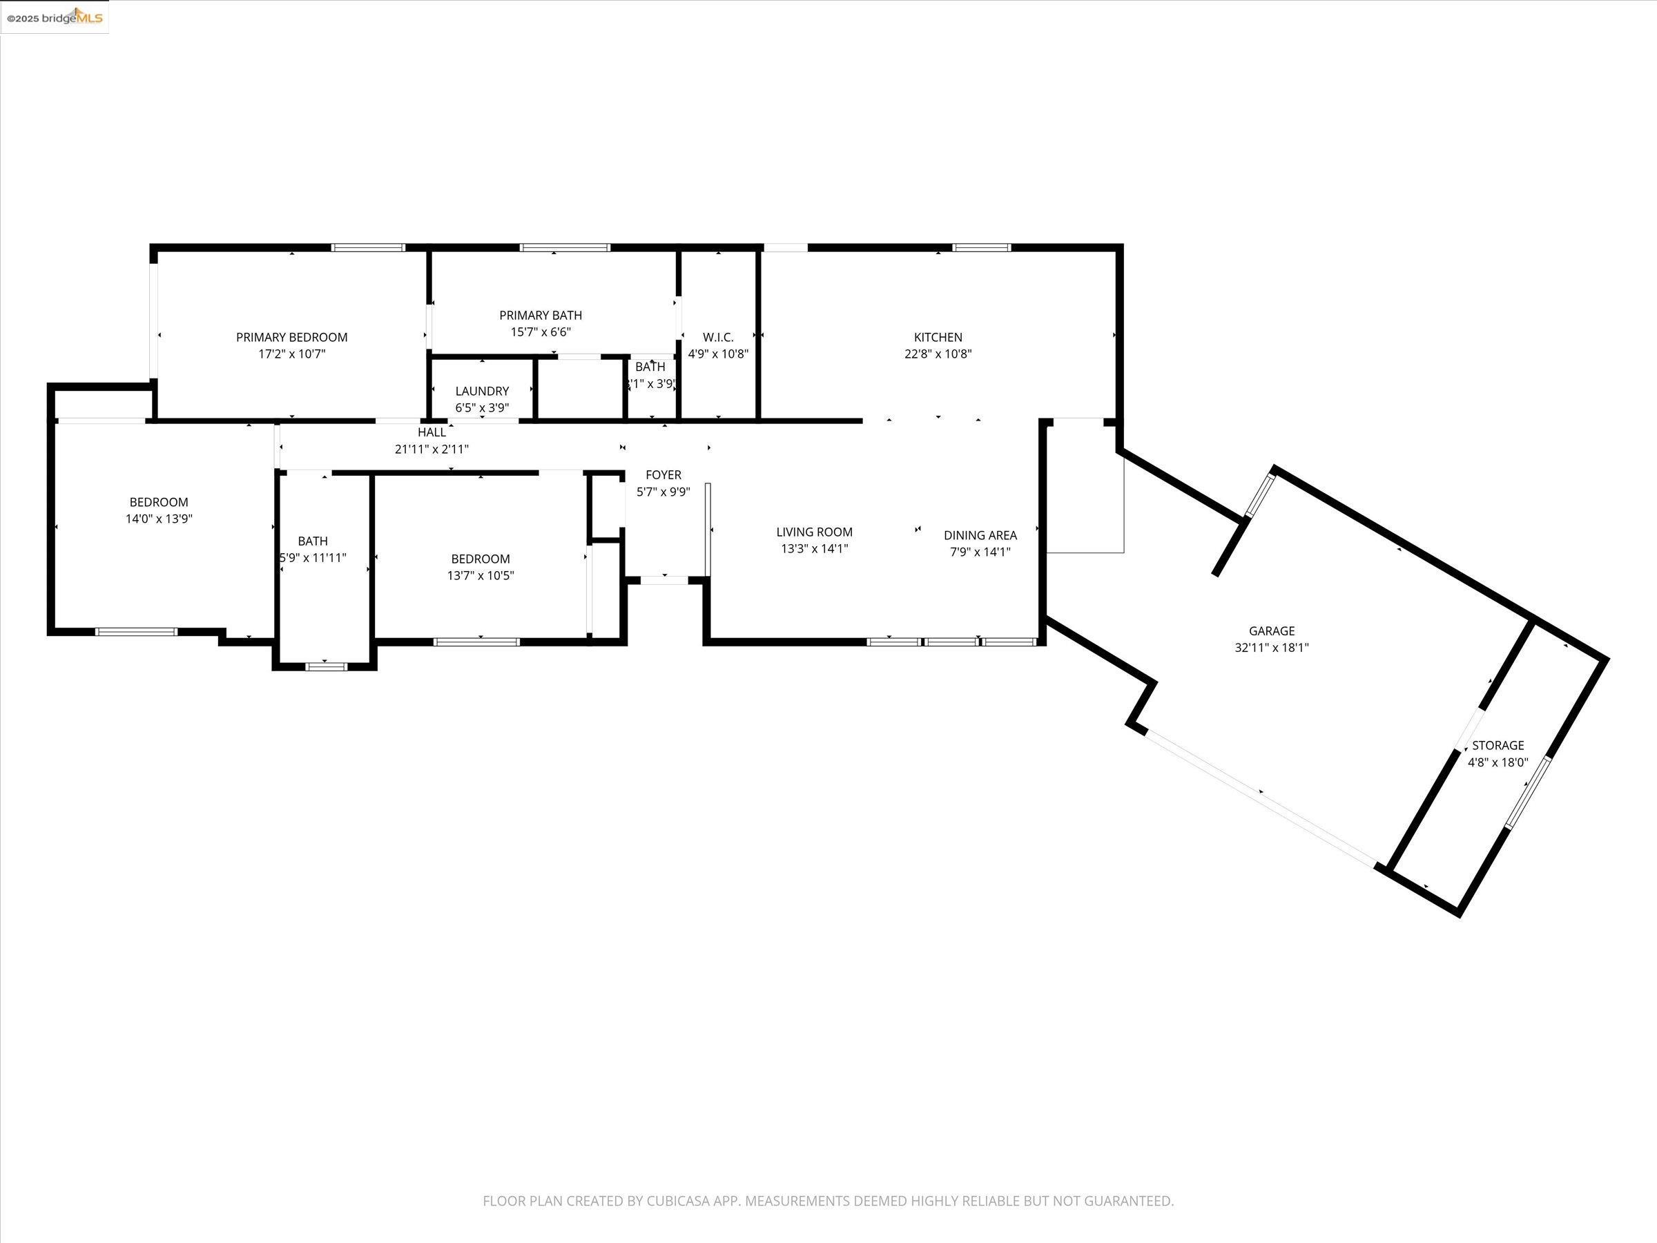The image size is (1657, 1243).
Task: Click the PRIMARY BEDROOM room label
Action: click(291, 337)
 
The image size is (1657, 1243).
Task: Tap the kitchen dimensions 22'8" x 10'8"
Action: click(937, 354)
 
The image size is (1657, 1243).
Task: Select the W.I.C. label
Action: click(717, 337)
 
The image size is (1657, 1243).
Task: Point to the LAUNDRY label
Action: click(482, 391)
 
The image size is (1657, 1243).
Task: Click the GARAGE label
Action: click(1271, 631)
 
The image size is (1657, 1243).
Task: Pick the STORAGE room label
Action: click(1498, 746)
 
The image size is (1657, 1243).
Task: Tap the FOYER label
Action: click(663, 475)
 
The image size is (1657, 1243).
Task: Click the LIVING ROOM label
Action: click(813, 532)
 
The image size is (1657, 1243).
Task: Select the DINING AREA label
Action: click(980, 535)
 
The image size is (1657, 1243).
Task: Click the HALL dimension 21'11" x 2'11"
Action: click(432, 450)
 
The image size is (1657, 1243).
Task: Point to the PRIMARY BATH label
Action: click(540, 316)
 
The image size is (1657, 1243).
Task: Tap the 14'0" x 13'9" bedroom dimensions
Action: click(159, 519)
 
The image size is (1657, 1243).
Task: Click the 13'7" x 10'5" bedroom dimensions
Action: click(480, 575)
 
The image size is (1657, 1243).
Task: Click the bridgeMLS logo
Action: click(55, 17)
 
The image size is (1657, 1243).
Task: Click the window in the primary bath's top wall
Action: click(565, 247)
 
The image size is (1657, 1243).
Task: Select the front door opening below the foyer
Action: click(664, 580)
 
